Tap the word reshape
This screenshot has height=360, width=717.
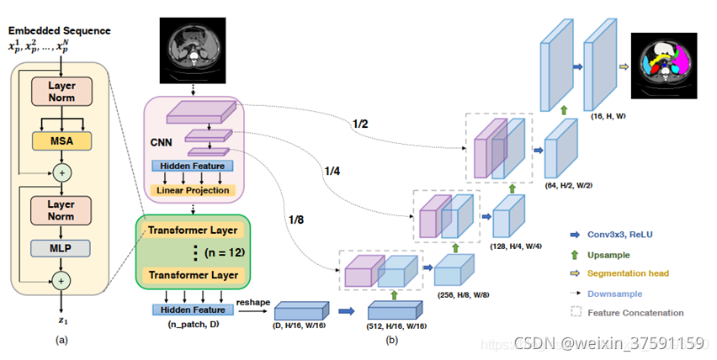(252, 301)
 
